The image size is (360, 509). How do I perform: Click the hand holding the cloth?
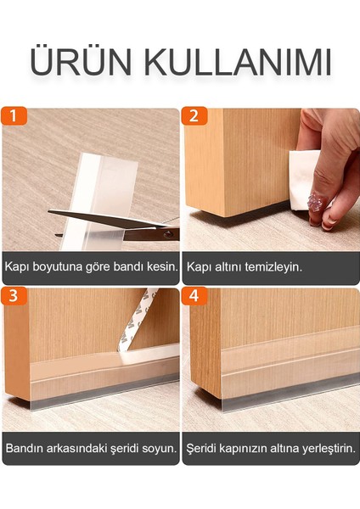[331, 170]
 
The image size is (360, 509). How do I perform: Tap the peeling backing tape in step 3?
[140, 318]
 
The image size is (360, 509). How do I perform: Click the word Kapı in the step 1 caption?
[17, 266]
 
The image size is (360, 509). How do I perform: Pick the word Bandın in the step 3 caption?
[24, 447]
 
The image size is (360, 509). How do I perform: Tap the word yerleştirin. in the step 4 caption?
[323, 447]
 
